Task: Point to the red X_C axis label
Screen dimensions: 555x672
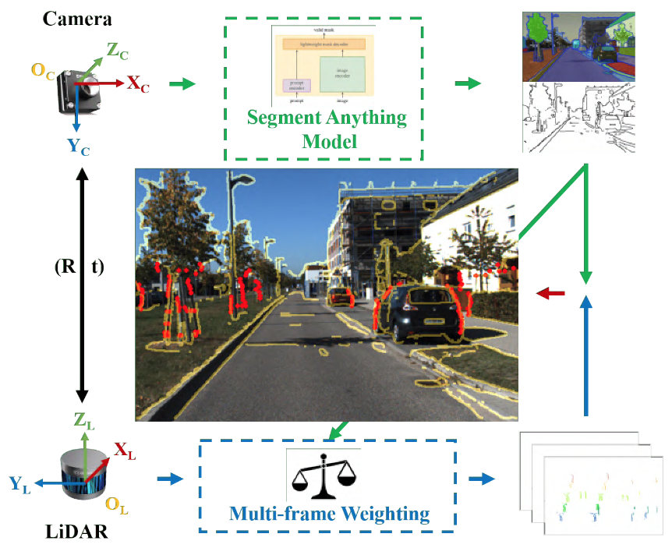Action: (x=138, y=82)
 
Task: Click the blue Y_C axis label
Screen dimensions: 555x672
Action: (x=78, y=145)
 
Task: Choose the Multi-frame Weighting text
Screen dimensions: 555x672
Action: (x=329, y=514)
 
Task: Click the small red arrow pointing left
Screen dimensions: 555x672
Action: (x=551, y=293)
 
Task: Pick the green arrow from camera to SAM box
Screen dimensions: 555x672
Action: (x=182, y=83)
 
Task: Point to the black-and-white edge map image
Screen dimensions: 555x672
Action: (x=577, y=116)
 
